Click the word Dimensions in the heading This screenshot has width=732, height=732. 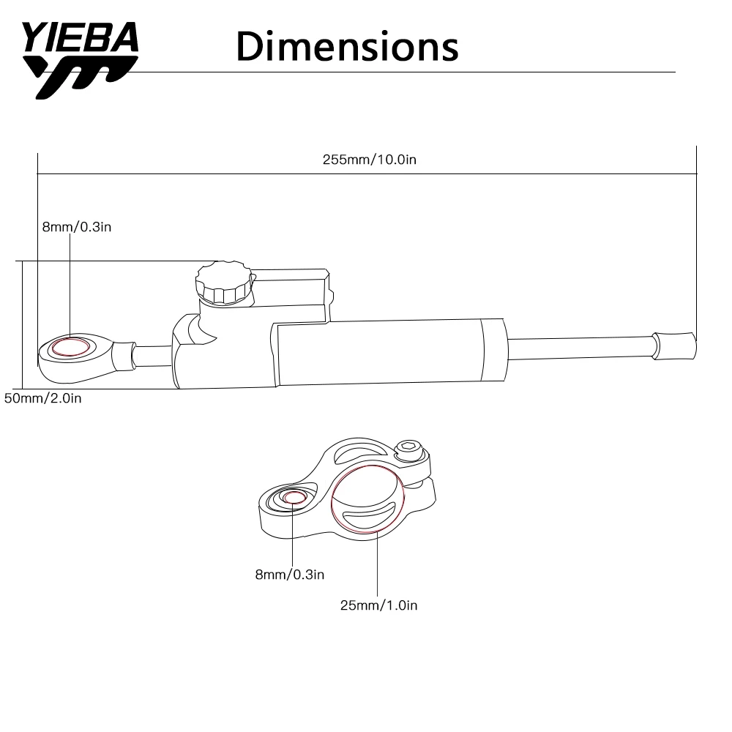[x=348, y=47]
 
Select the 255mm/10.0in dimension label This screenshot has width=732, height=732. [x=370, y=160]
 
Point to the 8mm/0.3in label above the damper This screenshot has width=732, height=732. [x=76, y=227]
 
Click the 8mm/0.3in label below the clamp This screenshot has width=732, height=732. [x=289, y=575]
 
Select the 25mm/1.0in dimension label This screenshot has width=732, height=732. [x=378, y=605]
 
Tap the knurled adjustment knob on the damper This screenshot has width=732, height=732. [x=223, y=283]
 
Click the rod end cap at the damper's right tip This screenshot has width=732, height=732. [x=674, y=345]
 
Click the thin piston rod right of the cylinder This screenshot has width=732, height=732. [x=578, y=346]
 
